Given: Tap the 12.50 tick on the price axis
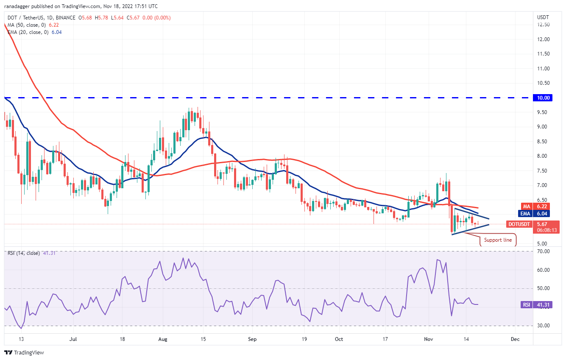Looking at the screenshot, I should point(543,25).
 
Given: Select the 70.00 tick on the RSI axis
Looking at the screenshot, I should point(543,251).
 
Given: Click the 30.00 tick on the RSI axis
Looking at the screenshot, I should point(543,326).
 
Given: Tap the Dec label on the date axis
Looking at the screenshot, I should point(515,339).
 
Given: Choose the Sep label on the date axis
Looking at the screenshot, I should point(252,339).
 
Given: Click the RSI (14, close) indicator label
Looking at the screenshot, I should point(23,253).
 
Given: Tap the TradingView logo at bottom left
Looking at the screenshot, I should point(24,352).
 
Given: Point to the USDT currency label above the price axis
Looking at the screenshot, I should point(543,17).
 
